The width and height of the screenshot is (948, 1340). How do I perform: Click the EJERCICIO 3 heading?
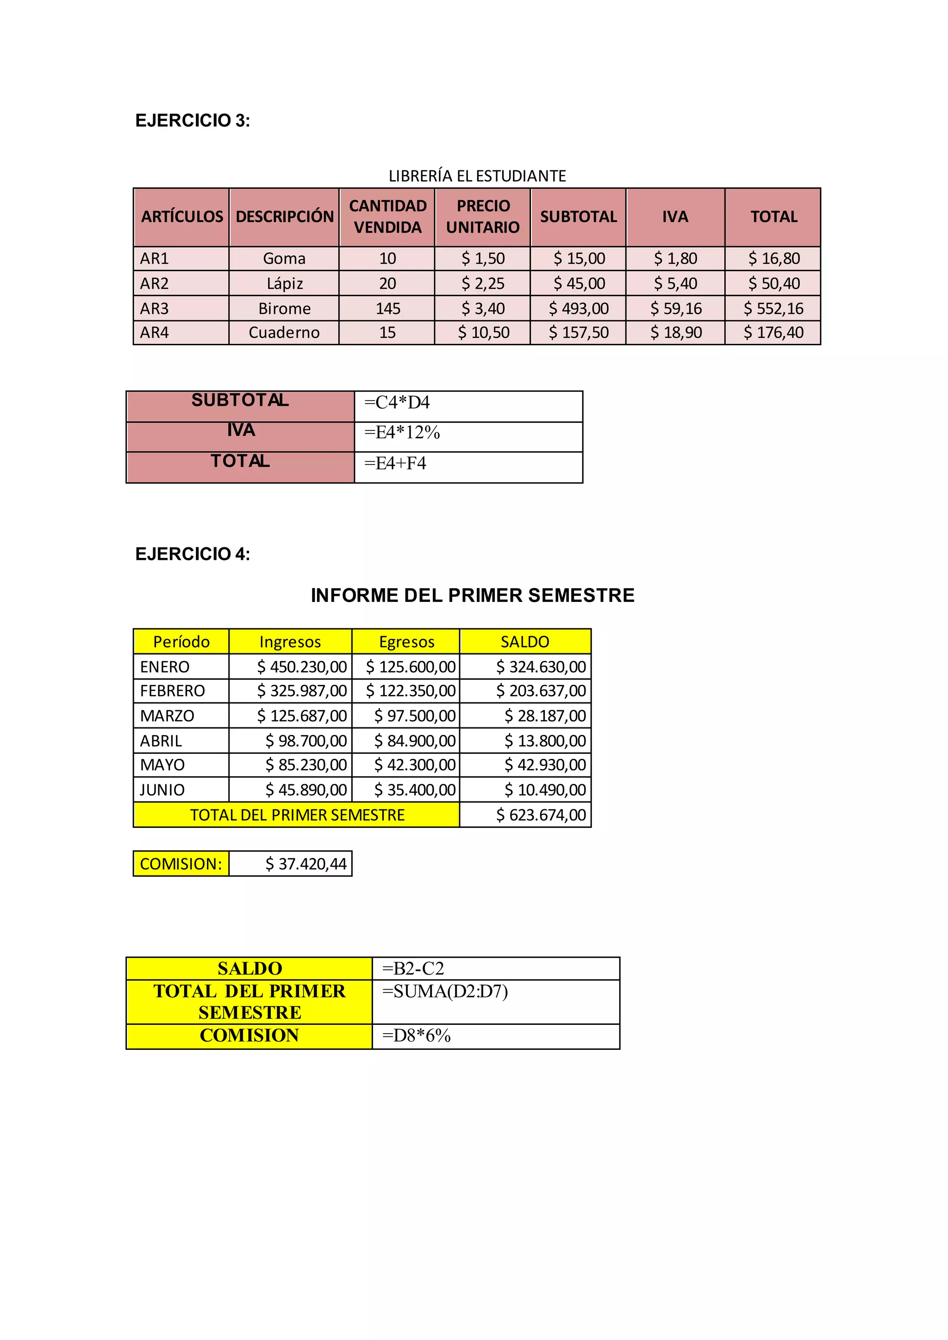(192, 120)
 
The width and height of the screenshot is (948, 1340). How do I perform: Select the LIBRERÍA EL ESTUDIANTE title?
(477, 176)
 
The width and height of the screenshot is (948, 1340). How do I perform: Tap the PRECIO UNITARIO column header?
(483, 217)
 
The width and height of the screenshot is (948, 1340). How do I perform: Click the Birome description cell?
(284, 308)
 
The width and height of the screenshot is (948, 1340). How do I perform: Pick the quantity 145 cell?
(387, 308)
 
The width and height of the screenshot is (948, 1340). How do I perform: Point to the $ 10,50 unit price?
(483, 333)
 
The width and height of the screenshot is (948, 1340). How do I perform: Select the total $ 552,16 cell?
(773, 308)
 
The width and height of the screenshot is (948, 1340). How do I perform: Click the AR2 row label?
(154, 284)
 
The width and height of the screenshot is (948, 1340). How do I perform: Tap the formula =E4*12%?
(402, 433)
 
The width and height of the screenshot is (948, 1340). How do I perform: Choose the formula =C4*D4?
(397, 402)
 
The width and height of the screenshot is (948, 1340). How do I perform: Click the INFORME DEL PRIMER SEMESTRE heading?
(472, 596)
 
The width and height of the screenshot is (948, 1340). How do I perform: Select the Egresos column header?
(406, 642)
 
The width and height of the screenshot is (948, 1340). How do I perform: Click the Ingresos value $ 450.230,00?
(302, 666)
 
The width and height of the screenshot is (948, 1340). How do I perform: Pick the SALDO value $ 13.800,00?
(545, 741)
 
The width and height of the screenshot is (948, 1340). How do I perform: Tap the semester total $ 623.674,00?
(541, 815)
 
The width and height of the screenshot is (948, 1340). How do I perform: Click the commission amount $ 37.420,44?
(306, 864)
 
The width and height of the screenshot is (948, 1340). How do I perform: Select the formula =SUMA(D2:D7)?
(445, 992)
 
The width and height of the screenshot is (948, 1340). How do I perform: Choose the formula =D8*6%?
(416, 1036)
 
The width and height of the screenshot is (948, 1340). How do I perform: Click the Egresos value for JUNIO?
(414, 790)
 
